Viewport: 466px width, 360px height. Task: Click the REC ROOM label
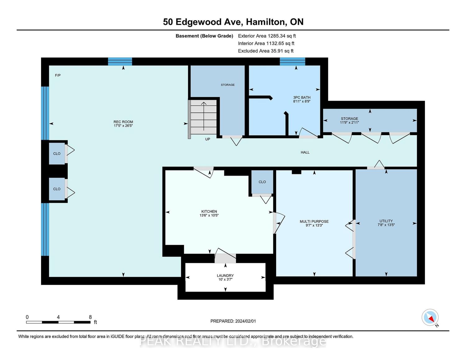point(123,122)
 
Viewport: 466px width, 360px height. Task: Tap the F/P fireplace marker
point(57,75)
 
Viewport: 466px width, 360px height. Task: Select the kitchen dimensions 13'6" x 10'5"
point(209,215)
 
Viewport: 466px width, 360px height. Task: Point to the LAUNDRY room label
point(225,276)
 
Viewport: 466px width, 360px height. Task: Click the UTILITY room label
point(386,221)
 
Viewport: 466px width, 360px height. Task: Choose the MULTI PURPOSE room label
point(314,221)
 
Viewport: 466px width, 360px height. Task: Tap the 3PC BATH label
point(302,98)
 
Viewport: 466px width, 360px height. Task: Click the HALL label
point(305,152)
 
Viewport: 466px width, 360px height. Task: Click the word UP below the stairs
point(208,139)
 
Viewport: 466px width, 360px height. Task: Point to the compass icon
point(430,318)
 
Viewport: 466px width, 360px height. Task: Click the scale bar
point(58,322)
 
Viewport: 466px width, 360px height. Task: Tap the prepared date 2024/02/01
point(233,321)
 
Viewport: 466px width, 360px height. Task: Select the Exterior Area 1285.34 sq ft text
point(267,36)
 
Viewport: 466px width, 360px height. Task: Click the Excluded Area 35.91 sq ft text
point(266,51)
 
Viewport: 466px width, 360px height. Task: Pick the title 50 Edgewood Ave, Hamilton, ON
point(233,22)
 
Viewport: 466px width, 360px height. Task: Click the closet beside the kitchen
point(262,182)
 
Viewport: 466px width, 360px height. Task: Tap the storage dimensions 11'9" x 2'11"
point(349,122)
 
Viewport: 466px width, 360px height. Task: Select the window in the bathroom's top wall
point(292,61)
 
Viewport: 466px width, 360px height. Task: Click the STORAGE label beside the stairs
point(228,85)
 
